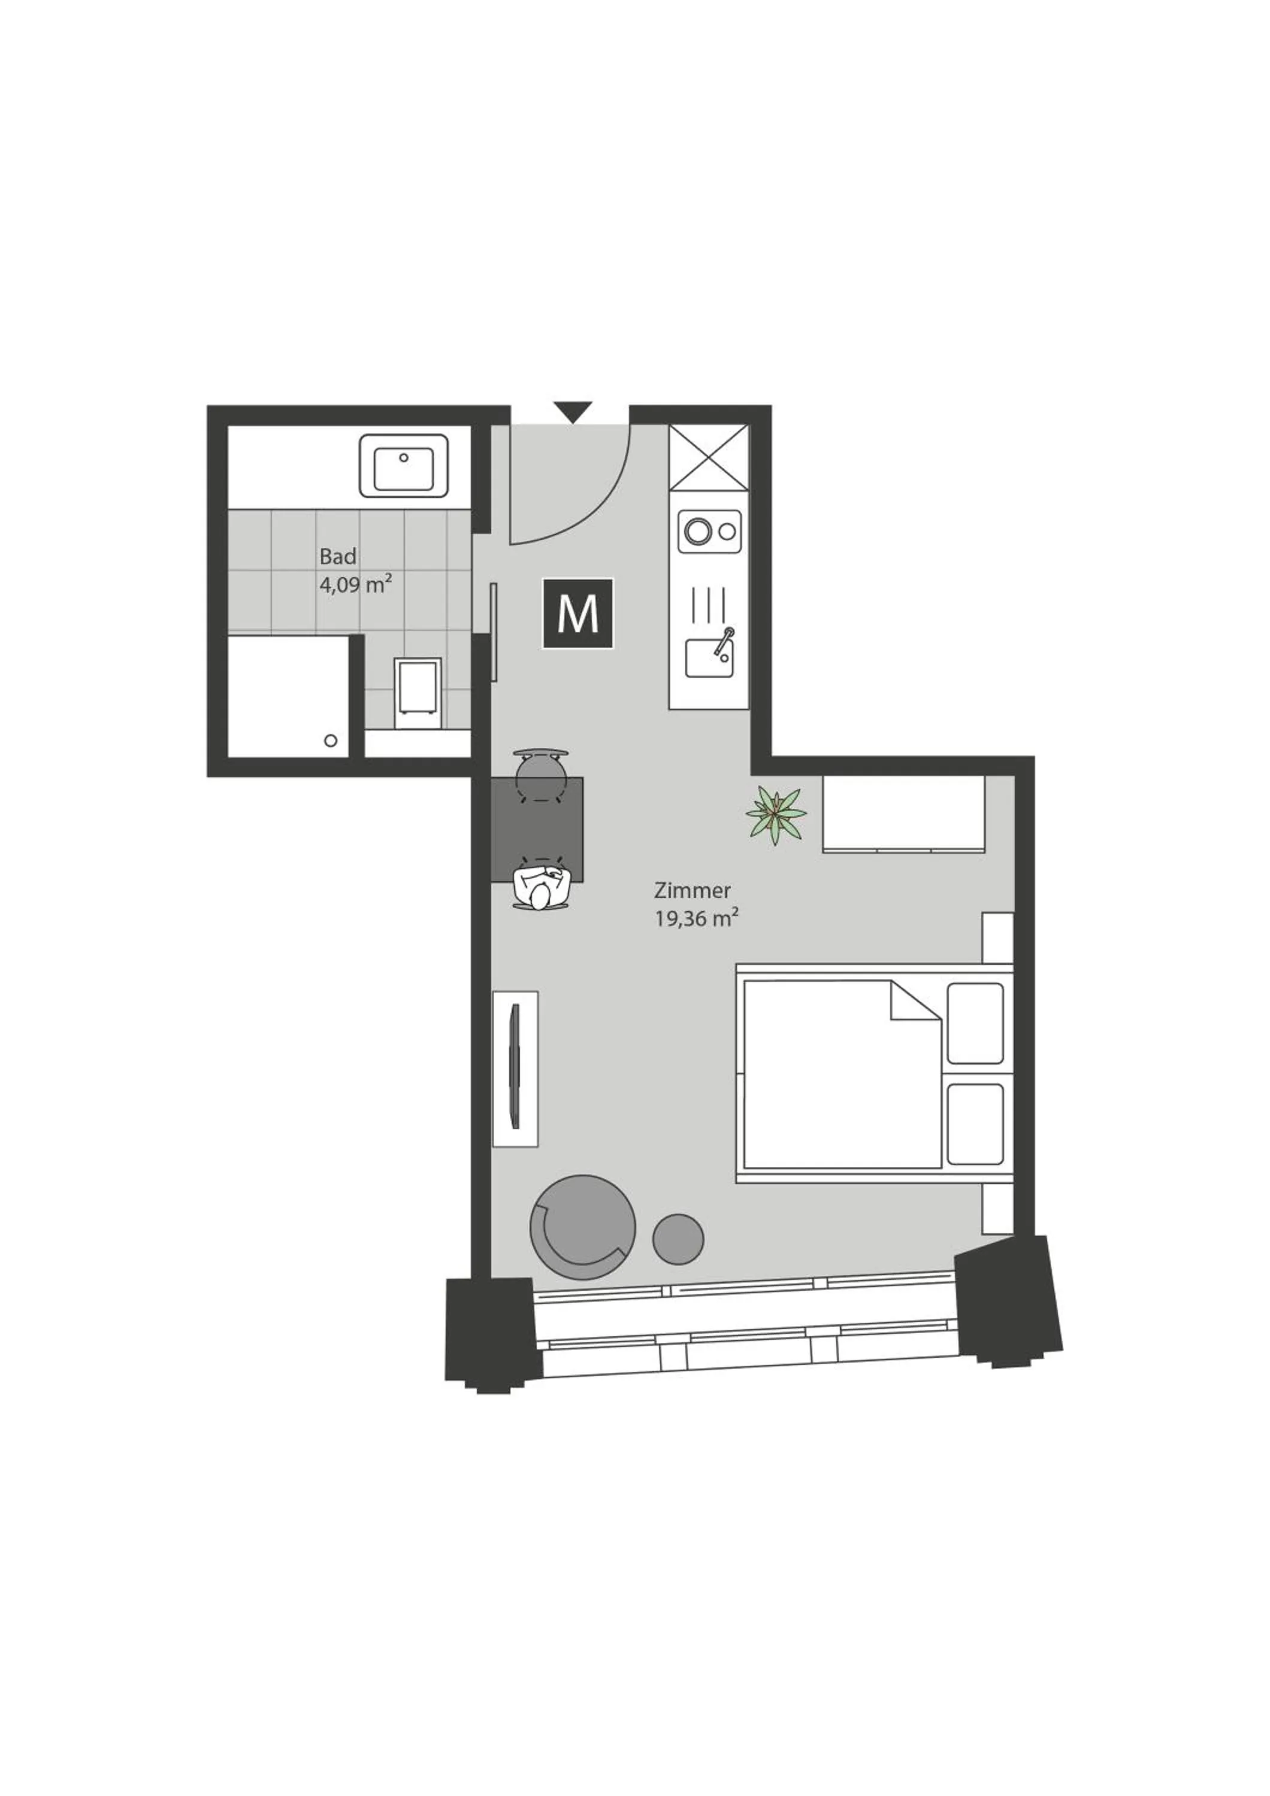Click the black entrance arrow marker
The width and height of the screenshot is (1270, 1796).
pyautogui.click(x=573, y=411)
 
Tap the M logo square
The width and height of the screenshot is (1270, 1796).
pyautogui.click(x=578, y=614)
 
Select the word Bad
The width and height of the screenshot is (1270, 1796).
pyautogui.click(x=338, y=557)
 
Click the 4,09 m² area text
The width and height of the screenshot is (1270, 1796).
pyautogui.click(x=355, y=584)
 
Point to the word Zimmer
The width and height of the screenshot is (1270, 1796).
pyautogui.click(x=693, y=890)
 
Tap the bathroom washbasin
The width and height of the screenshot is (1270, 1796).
pyautogui.click(x=404, y=467)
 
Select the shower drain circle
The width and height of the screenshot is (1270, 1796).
pyautogui.click(x=331, y=741)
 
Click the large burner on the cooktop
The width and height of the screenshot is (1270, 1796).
pyautogui.click(x=696, y=531)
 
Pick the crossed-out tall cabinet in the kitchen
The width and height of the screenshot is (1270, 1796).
pyautogui.click(x=709, y=457)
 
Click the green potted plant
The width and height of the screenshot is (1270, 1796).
pyautogui.click(x=775, y=815)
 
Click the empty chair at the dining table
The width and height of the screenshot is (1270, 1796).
pyautogui.click(x=541, y=770)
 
